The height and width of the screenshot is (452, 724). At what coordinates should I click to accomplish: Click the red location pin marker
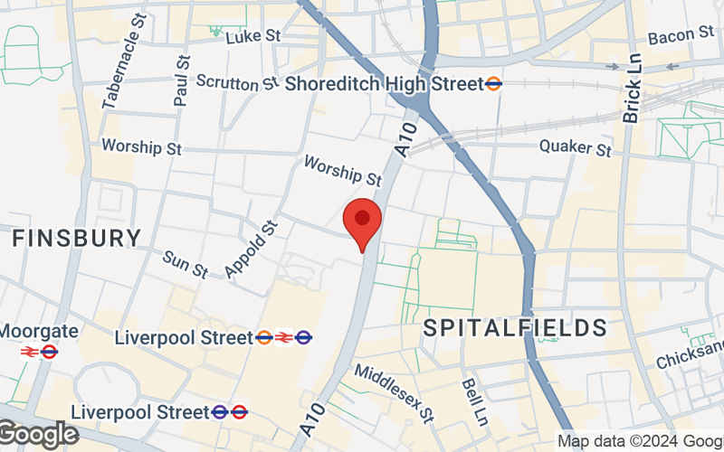(363, 221)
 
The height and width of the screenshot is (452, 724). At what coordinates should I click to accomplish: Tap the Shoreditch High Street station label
(384, 84)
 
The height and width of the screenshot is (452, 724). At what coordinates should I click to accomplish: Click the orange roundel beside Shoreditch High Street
(494, 84)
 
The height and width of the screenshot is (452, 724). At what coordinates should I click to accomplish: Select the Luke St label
(254, 37)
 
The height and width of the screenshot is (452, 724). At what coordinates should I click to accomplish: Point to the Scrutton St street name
(236, 82)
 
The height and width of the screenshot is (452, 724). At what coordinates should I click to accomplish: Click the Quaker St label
(575, 146)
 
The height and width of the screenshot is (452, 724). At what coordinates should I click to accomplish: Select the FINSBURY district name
(77, 239)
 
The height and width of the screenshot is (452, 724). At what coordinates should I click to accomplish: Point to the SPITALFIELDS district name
(516, 327)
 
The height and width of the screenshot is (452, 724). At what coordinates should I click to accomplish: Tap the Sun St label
(186, 264)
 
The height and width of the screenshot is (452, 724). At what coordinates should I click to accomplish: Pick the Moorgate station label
(38, 332)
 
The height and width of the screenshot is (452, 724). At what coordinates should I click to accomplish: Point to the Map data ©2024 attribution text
(639, 441)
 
